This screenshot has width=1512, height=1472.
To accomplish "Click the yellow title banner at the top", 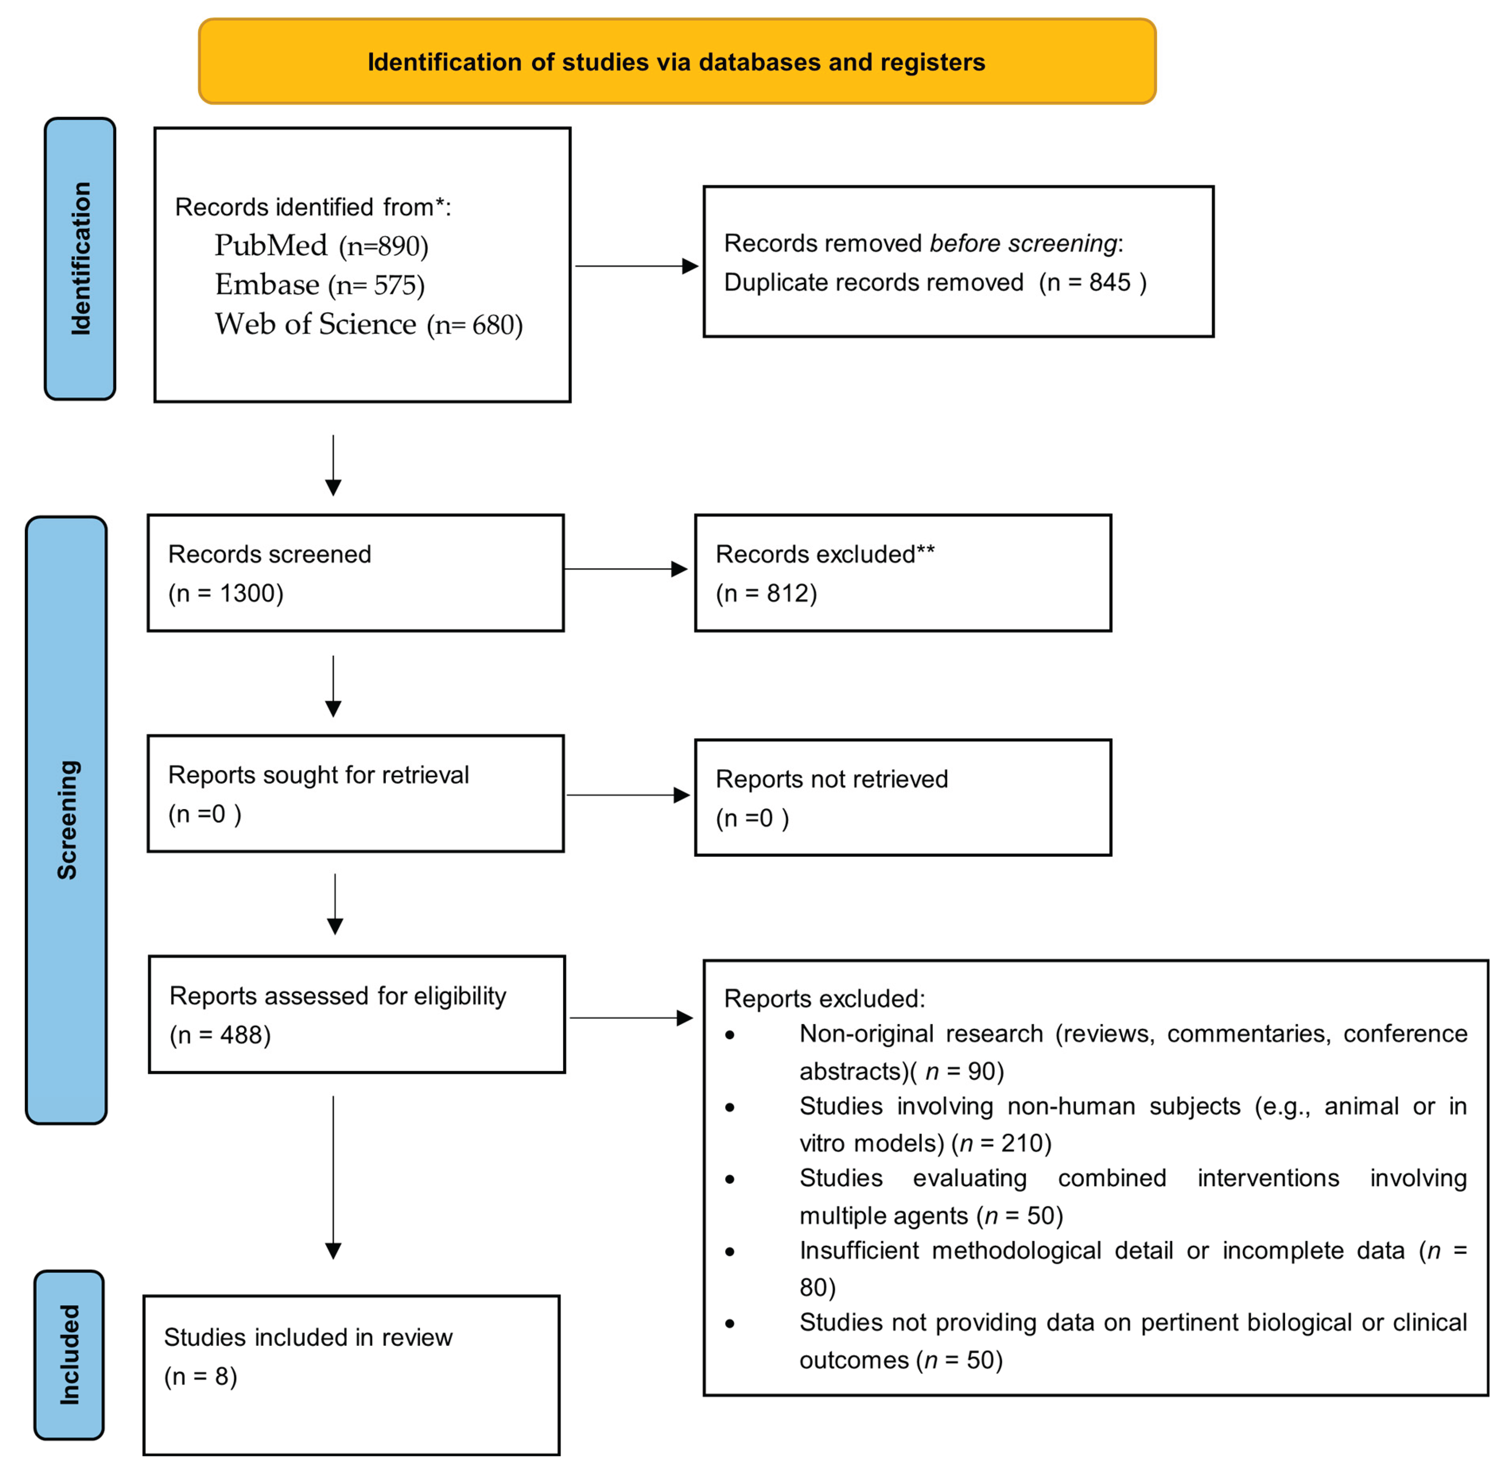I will pos(677,62).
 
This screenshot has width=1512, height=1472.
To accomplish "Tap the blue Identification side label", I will pos(80,259).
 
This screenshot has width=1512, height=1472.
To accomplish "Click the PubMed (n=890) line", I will pos(321,246).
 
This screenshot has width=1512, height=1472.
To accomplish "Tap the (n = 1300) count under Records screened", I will pos(226,594).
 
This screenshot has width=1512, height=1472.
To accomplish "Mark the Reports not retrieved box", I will pos(902,798).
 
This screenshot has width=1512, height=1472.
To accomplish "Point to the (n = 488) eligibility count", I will pos(221,1035).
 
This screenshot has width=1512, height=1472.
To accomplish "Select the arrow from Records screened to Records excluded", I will pos(625,570).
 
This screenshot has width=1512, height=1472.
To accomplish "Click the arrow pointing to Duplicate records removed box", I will pos(636,267).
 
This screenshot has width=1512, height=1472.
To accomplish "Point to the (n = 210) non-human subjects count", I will pos(1002,1143).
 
